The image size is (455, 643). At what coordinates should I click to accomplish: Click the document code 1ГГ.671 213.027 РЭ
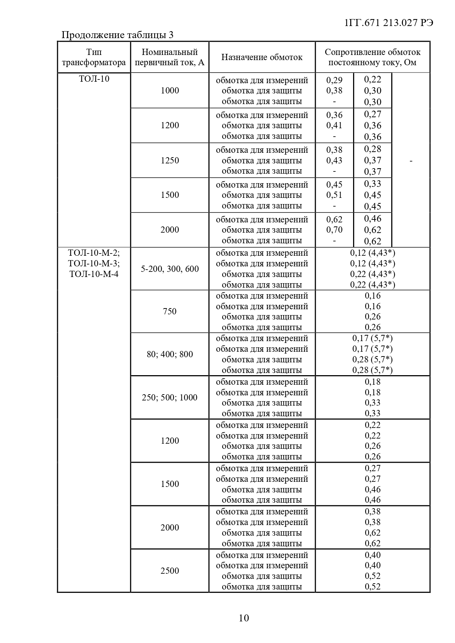point(389,23)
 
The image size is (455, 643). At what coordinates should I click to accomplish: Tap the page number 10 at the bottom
point(244,618)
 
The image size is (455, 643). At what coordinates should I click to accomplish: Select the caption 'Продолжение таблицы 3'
point(117,35)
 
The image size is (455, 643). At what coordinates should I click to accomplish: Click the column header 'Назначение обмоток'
point(262,57)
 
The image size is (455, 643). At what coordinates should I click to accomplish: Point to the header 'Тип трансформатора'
point(94,57)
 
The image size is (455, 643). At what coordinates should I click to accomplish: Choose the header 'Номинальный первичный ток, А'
point(170,57)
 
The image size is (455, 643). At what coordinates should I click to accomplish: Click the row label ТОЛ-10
point(94,79)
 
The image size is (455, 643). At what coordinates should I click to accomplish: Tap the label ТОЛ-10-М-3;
point(94,263)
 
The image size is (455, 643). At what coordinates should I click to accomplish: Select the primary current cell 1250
point(170,160)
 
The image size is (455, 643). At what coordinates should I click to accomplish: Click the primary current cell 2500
point(170,571)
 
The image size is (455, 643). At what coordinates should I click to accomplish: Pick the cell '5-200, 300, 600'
point(170,269)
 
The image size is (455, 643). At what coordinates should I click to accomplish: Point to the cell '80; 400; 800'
point(170,354)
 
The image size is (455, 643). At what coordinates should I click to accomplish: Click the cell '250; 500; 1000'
point(170,398)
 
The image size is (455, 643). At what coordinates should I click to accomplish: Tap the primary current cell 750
point(170,311)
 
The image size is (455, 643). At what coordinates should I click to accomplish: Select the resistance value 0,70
point(334,230)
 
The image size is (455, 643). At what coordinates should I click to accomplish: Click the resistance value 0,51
point(334,195)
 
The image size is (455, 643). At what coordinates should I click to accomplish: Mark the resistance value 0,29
point(334,80)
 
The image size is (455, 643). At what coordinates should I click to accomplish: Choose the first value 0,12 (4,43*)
point(373,253)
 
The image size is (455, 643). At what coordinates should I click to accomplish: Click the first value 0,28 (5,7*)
point(373,359)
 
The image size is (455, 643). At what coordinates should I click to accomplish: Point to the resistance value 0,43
point(334,160)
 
